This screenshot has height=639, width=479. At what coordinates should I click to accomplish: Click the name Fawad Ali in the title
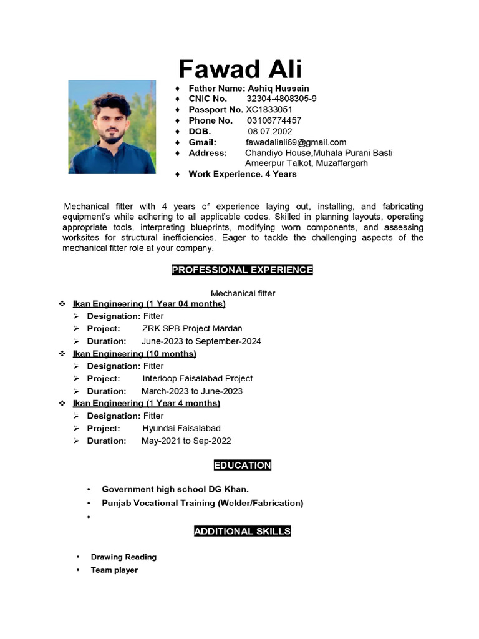(x=240, y=68)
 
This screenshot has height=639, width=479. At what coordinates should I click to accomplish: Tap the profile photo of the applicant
(x=112, y=127)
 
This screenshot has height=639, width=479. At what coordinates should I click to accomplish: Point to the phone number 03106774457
(x=274, y=120)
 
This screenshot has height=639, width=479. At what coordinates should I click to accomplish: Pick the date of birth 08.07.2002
(x=269, y=131)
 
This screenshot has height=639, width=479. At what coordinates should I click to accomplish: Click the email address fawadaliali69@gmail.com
(x=296, y=142)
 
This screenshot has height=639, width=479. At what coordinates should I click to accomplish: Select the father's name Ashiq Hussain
(x=278, y=88)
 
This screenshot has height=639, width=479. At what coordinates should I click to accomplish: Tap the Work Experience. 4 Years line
(x=243, y=174)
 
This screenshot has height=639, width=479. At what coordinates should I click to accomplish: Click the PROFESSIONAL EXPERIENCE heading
(x=242, y=270)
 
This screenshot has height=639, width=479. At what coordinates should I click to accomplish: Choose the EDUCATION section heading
(x=242, y=465)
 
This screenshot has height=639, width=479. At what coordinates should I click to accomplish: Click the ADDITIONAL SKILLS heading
(x=242, y=531)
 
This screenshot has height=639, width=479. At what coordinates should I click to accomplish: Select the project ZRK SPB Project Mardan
(x=192, y=328)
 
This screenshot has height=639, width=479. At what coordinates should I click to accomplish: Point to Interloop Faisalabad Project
(x=197, y=378)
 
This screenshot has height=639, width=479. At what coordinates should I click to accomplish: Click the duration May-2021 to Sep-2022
(x=186, y=441)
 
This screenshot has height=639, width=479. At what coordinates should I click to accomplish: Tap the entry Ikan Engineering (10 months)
(x=134, y=354)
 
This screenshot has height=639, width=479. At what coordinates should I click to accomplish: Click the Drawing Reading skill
(x=123, y=557)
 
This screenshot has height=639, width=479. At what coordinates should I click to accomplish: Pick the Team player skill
(x=114, y=570)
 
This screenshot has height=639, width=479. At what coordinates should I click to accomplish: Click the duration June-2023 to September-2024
(x=201, y=341)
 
